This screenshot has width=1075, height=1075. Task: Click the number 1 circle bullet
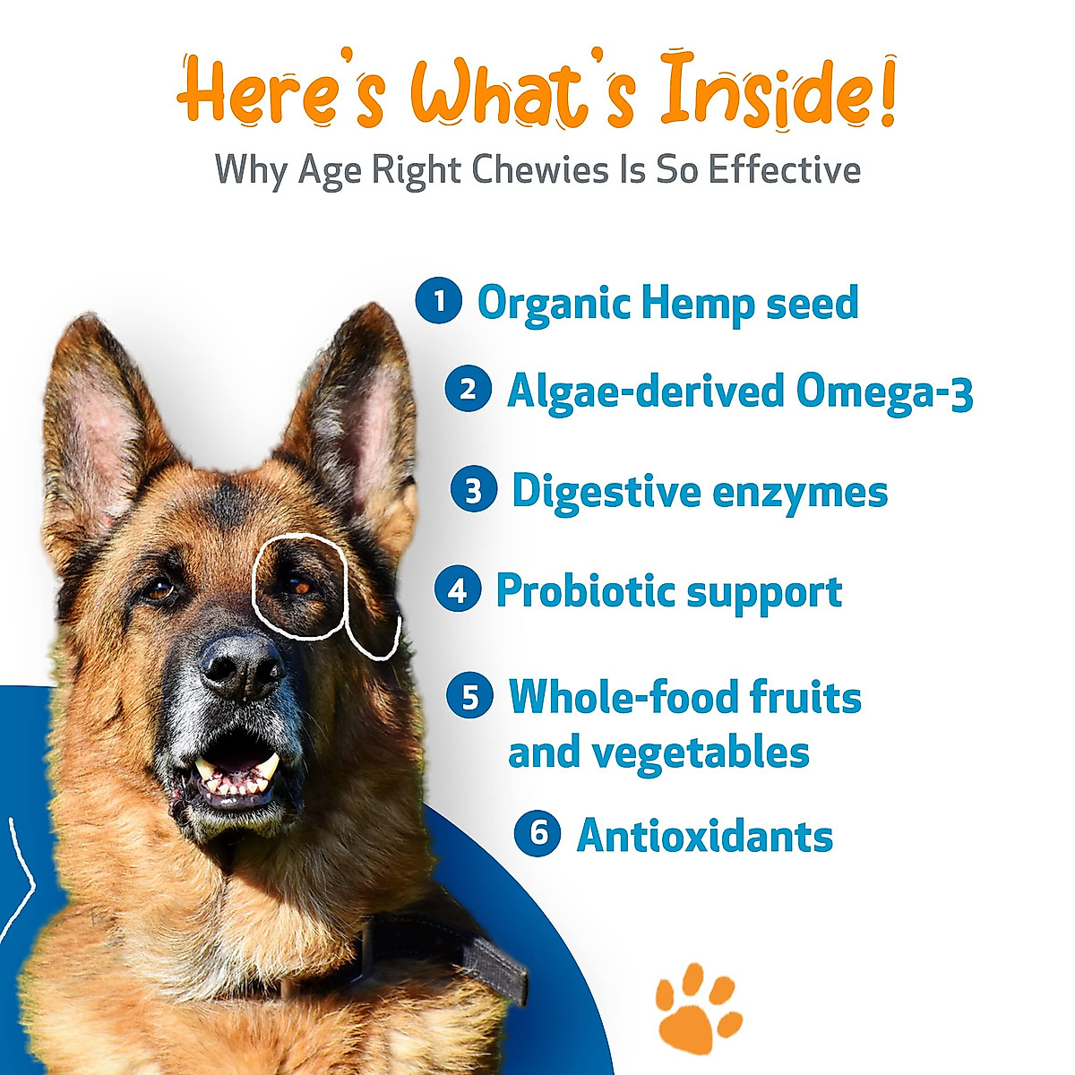[438, 301]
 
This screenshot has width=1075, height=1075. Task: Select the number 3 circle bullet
[473, 490]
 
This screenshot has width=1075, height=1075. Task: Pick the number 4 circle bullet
[458, 590]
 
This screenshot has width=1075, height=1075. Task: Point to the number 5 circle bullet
[470, 696]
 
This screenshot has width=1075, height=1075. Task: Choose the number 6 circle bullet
[537, 834]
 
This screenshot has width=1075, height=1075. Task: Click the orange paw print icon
[696, 1007]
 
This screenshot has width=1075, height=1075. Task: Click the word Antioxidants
[705, 836]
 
